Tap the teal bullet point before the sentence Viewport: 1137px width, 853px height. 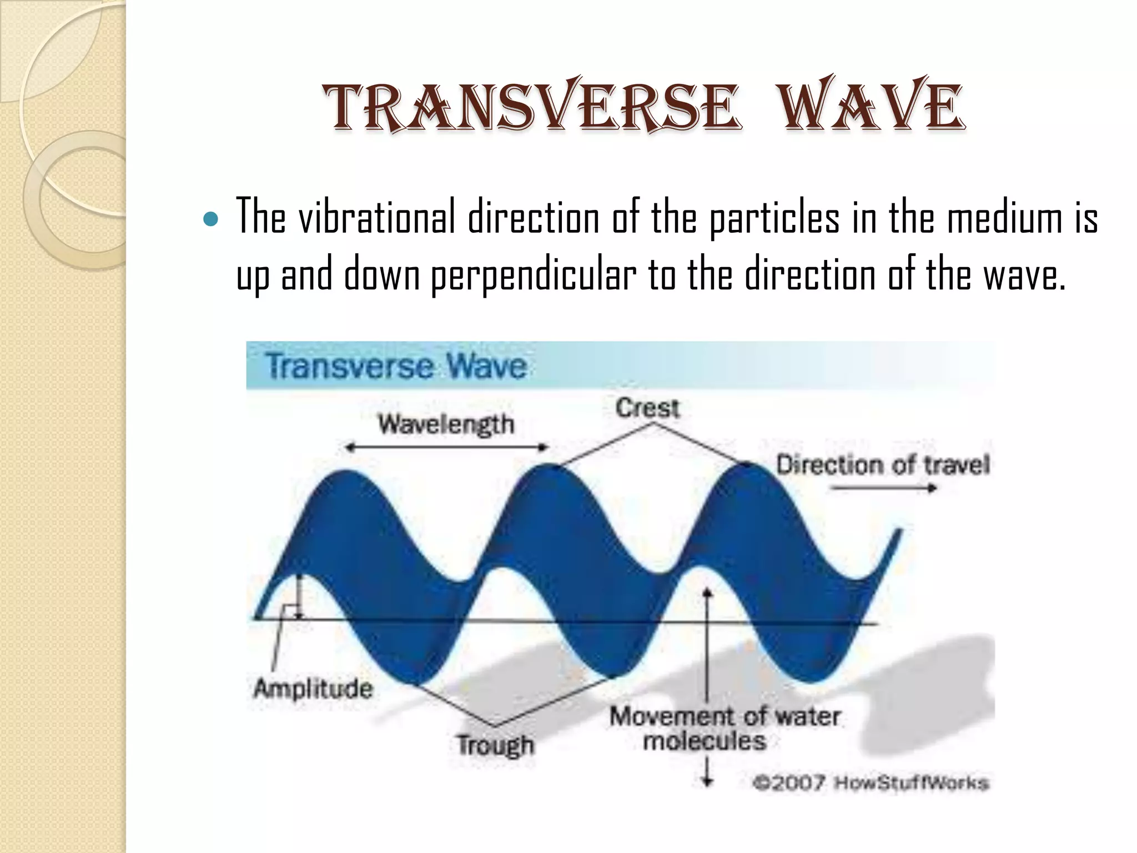coord(211,219)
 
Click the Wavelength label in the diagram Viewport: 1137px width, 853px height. coord(446,425)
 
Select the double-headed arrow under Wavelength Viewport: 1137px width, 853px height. coord(446,447)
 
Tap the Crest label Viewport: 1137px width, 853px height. coord(647,408)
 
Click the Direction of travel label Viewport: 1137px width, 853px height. coord(883,465)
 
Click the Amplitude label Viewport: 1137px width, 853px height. coord(313,689)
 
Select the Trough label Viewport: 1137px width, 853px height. coord(495,744)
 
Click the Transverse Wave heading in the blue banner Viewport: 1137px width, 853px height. coord(396,366)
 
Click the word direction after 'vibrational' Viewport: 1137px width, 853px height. coord(533,218)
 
